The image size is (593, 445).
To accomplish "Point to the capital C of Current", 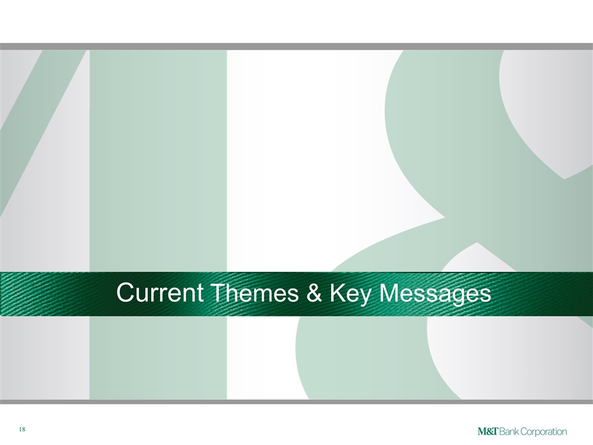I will (x=126, y=292).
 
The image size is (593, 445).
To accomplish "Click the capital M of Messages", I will (x=390, y=292).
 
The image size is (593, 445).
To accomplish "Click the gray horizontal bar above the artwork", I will (x=296, y=46).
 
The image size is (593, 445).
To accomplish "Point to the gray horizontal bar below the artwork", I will (x=296, y=402).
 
